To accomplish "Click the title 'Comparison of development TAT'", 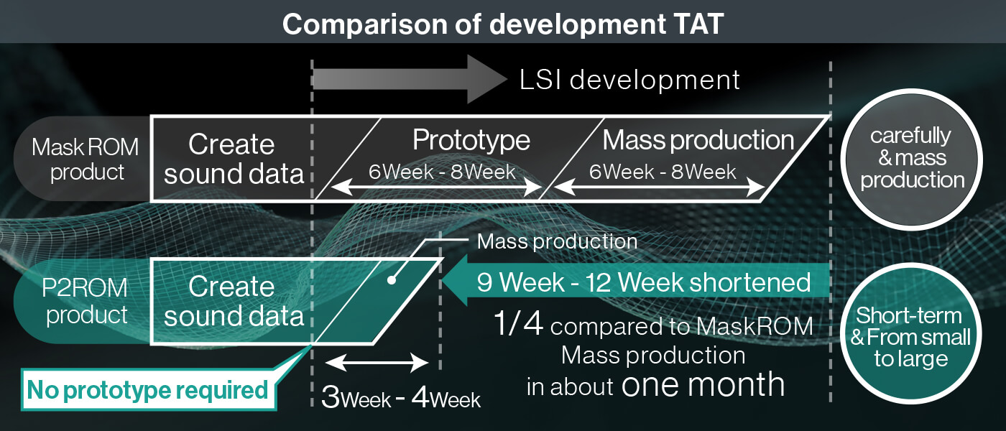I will [x=502, y=24].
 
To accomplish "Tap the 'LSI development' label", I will [x=629, y=80].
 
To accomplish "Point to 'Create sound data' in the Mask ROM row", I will [x=233, y=159].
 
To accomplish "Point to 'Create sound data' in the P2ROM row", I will [x=233, y=301].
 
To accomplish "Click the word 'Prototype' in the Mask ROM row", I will [x=471, y=140].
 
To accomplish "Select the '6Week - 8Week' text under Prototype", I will [x=442, y=172].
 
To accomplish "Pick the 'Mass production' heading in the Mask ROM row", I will [x=698, y=140].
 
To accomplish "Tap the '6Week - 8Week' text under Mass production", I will [x=663, y=172].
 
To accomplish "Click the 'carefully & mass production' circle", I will [x=912, y=158].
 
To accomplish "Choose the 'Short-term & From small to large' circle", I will [x=911, y=336].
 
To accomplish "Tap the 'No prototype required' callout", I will [x=147, y=391].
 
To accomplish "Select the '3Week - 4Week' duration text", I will [x=400, y=397].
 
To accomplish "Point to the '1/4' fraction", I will [x=520, y=325].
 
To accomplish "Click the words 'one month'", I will [x=703, y=385].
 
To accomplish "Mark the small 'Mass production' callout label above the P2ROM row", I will [x=557, y=241].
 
